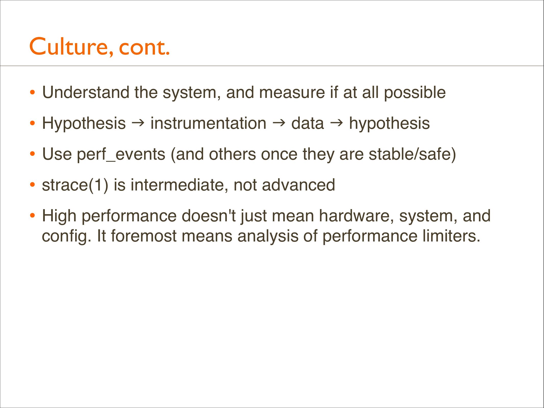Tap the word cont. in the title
click(x=144, y=47)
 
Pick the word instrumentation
click(x=208, y=123)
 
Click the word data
click(x=307, y=123)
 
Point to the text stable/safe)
click(x=412, y=155)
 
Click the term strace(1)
click(x=75, y=185)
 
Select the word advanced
click(x=298, y=185)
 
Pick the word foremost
click(x=144, y=236)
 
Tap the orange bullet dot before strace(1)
click(x=32, y=185)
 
